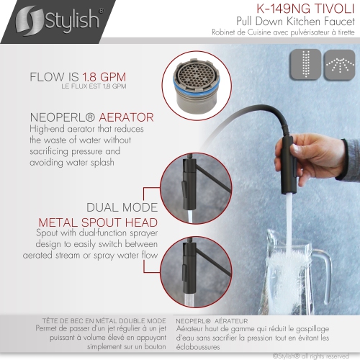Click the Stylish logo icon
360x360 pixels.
tap(24, 17)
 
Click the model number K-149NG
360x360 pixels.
tap(275, 9)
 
